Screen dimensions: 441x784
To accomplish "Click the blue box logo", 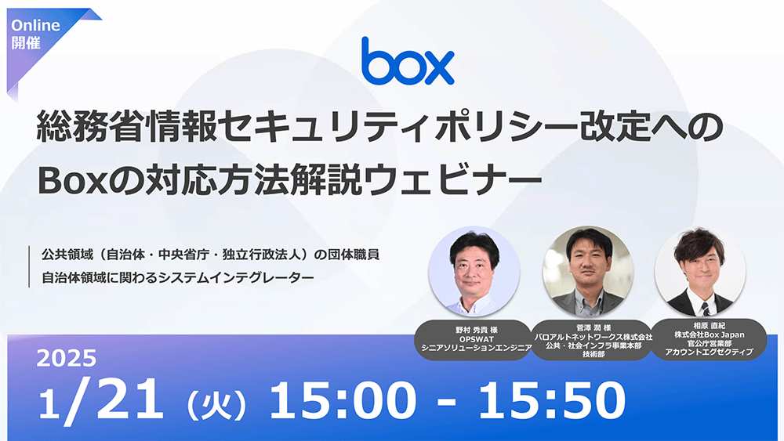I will [x=408, y=61].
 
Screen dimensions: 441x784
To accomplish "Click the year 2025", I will [x=67, y=360].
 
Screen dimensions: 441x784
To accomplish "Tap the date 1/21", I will [x=101, y=401].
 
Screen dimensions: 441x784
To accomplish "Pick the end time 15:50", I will [x=553, y=402].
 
